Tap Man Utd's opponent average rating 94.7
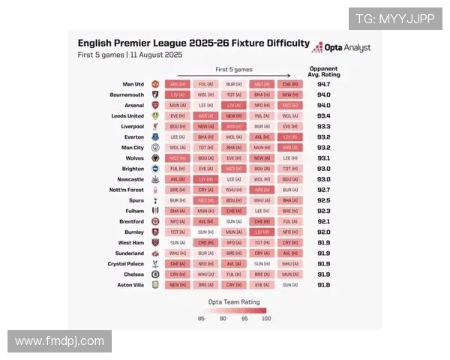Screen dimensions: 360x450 click(323, 85)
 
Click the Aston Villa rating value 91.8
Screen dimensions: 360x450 click(323, 285)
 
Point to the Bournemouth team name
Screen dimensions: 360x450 click(126, 95)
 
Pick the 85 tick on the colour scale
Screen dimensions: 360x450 click(202, 318)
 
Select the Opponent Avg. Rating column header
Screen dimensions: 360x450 click(324, 71)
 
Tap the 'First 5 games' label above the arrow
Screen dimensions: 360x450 click(234, 69)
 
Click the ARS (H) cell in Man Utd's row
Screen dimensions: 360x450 click(178, 85)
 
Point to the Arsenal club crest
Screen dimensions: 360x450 click(155, 106)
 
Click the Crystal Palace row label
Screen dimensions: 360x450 click(124, 264)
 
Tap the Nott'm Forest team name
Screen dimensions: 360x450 click(125, 190)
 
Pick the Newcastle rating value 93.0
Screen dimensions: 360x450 click(323, 179)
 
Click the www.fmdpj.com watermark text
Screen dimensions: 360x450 click(60, 341)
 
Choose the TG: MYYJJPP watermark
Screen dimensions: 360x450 click(394, 19)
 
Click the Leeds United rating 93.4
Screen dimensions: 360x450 click(323, 116)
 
